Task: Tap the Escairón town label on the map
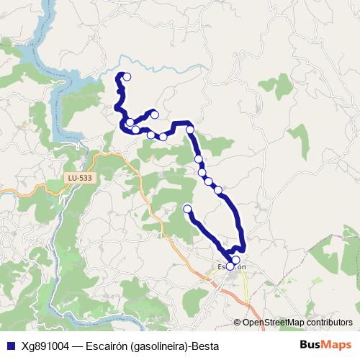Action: click(232, 266)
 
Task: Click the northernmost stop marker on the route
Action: click(127, 76)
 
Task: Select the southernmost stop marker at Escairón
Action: click(230, 266)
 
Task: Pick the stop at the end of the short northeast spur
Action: click(154, 114)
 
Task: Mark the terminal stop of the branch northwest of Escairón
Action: click(187, 209)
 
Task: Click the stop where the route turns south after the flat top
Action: click(190, 130)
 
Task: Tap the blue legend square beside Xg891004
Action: click(10, 345)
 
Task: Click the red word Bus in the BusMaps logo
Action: click(311, 344)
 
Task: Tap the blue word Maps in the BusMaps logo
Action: click(338, 344)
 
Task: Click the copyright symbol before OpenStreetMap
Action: click(238, 322)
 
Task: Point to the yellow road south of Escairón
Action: click(248, 288)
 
